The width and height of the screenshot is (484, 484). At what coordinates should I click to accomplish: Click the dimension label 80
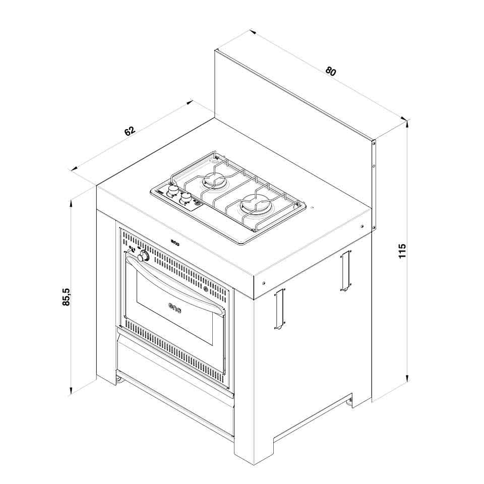click(330, 71)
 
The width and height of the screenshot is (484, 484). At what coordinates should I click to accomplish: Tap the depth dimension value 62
click(130, 131)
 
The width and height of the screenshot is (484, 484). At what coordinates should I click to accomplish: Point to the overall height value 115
click(401, 251)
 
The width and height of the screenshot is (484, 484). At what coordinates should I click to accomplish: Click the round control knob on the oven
click(144, 257)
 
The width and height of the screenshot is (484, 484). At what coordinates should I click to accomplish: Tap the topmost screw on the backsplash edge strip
click(374, 143)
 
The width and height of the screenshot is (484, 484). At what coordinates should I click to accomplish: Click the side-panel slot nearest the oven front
click(279, 310)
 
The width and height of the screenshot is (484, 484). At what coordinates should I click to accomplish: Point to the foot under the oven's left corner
click(119, 379)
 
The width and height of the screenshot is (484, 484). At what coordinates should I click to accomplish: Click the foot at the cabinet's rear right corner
click(349, 402)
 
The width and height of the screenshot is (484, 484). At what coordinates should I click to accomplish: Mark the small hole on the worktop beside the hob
click(312, 208)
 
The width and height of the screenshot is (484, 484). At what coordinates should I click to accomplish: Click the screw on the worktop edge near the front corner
click(263, 283)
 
